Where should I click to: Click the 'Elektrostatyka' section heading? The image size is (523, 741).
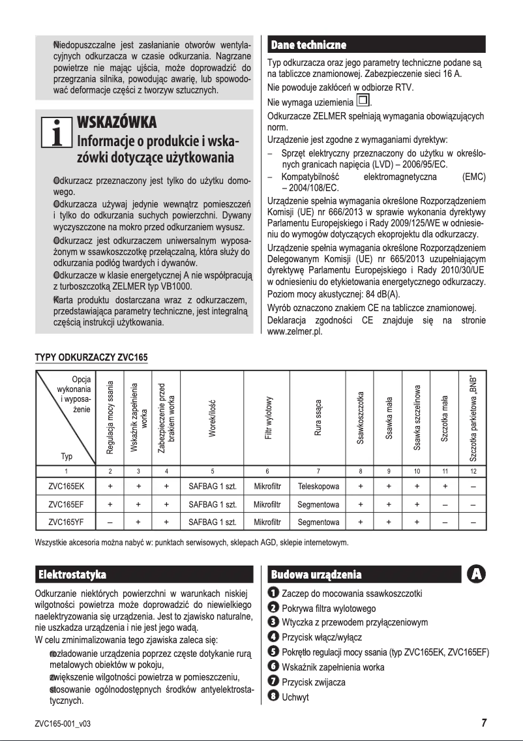coord(73,575)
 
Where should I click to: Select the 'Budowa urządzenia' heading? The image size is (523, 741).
coord(316,575)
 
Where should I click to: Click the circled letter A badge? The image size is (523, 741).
coord(477,574)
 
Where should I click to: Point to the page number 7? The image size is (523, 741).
coord(484,722)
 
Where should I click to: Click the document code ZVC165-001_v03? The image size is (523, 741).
coord(63,723)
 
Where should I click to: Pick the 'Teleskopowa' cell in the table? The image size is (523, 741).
coord(318,487)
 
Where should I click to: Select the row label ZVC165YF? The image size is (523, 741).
coord(65,522)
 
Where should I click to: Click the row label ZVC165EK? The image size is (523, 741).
coord(65,487)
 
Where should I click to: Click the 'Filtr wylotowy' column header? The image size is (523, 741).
coord(267,417)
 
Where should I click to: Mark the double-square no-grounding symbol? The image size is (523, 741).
coord(363,101)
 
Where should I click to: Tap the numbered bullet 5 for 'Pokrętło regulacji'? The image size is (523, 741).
coord(274,652)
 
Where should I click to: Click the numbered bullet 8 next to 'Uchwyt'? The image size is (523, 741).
coord(274,697)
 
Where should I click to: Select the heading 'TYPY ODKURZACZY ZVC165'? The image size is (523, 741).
coord(91,358)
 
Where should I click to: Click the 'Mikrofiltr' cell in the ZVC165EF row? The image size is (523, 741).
coord(267,505)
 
